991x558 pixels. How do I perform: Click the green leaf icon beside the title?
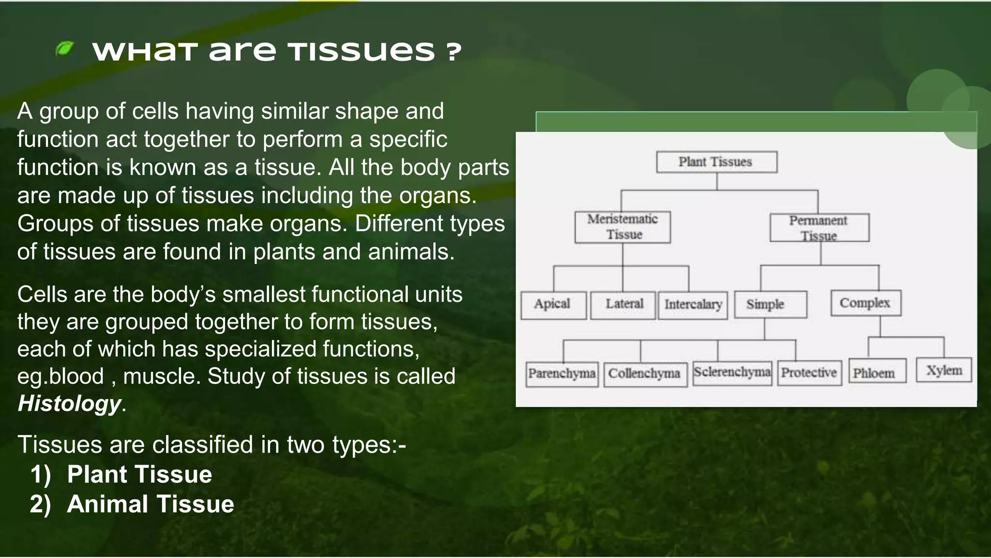tap(64, 48)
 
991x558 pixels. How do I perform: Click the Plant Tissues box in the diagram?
tap(717, 162)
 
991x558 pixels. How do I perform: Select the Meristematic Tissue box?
tap(623, 227)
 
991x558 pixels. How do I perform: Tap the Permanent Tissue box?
tap(819, 228)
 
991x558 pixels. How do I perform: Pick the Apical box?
tap(553, 305)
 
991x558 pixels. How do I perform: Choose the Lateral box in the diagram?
tap(623, 305)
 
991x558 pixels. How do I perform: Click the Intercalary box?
tap(692, 305)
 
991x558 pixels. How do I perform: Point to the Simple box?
tap(770, 304)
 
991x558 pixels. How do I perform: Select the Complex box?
tap(866, 303)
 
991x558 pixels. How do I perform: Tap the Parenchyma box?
tap(562, 374)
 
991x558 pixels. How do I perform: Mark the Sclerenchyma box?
tap(732, 372)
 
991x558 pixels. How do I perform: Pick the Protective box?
tap(809, 373)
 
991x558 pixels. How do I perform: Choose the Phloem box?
tap(877, 372)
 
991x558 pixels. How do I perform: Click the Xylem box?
tap(944, 371)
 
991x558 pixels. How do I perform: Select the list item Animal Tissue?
tap(150, 504)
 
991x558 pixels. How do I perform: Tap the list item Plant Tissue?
tap(139, 474)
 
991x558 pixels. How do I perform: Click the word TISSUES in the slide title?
tap(361, 51)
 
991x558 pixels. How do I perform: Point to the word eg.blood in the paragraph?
tap(60, 376)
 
